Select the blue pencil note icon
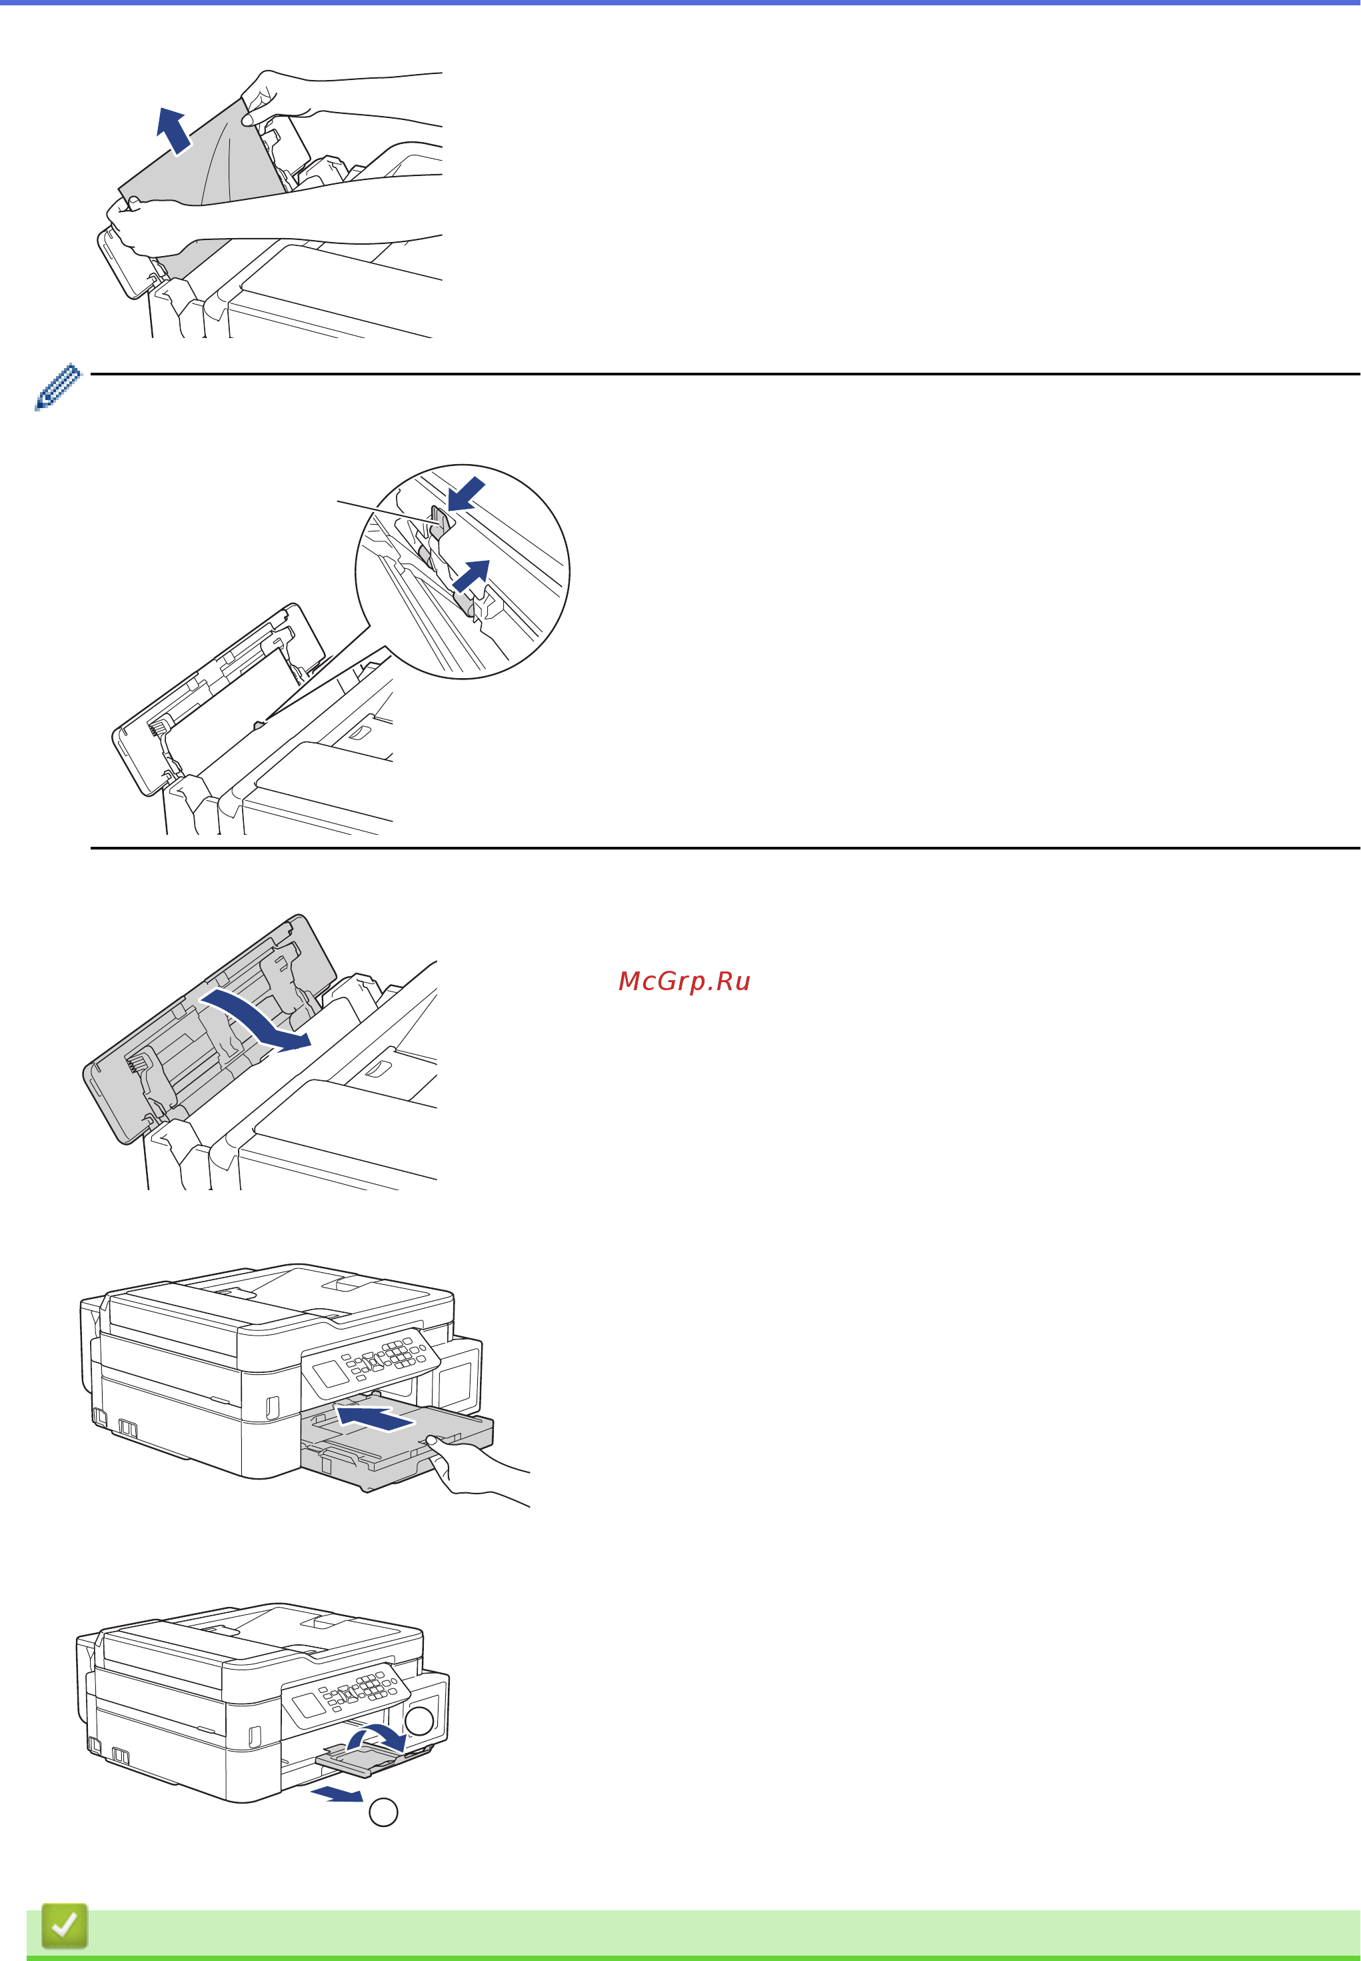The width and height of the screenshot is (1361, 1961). click(x=58, y=387)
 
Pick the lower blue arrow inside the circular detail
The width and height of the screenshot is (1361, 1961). click(x=471, y=575)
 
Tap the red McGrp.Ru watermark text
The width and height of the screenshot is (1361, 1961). click(x=684, y=981)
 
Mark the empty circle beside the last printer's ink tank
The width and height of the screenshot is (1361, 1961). click(x=419, y=1720)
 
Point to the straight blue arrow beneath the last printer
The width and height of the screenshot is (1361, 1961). click(x=337, y=1795)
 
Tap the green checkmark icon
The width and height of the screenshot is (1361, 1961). click(x=65, y=1925)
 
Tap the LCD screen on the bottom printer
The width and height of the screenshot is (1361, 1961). click(x=307, y=1706)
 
